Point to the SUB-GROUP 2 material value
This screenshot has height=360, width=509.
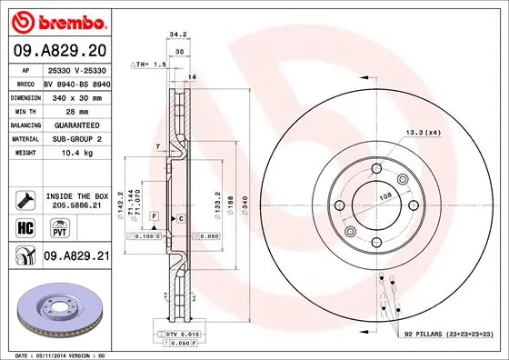[x=75, y=139]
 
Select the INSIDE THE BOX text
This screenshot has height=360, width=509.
[x=76, y=195]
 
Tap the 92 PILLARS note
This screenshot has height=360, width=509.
[x=444, y=335]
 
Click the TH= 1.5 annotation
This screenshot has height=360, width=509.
[x=147, y=65]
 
